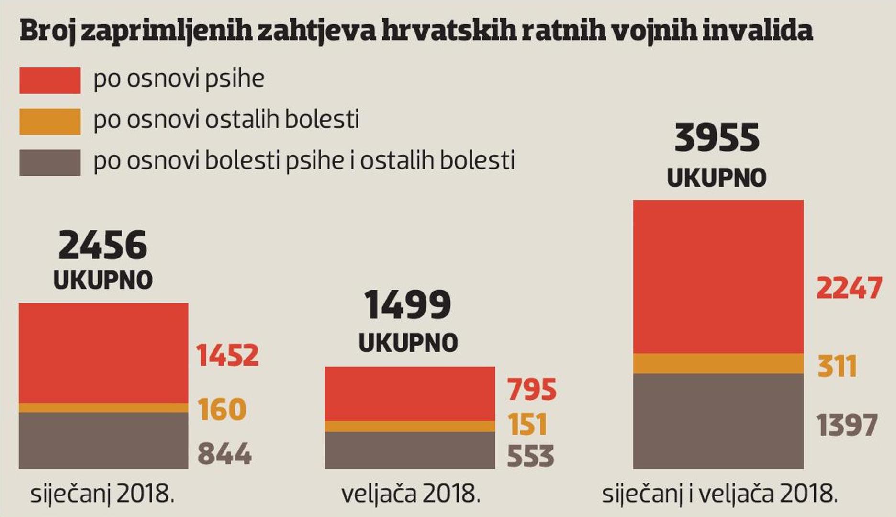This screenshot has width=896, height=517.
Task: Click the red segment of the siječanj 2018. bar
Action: (x=103, y=353)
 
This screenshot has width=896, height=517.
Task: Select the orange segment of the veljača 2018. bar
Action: (x=410, y=426)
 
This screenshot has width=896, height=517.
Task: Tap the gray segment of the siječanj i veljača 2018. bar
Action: (x=718, y=421)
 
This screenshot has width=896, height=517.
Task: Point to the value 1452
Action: (x=227, y=355)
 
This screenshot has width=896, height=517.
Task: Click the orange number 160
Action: (x=222, y=409)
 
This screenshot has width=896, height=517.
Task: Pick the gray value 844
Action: (x=224, y=453)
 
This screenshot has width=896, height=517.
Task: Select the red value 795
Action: (x=532, y=389)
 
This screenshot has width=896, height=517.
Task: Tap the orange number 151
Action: (x=527, y=424)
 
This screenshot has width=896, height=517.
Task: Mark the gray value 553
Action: (x=530, y=456)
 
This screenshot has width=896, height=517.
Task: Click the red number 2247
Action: (x=849, y=288)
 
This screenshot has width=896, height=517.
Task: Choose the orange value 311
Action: (x=837, y=366)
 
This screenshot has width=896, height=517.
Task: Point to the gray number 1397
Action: (x=847, y=425)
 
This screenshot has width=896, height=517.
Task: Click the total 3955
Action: (x=717, y=138)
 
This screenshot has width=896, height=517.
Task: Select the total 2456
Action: (x=103, y=245)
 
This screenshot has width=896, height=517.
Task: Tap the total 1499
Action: (x=408, y=305)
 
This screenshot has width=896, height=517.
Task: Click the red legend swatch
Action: (x=50, y=80)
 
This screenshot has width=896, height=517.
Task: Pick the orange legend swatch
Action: (x=50, y=121)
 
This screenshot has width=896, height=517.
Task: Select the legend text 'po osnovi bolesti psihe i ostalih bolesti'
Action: (x=304, y=160)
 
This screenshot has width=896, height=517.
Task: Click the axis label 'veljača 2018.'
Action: (x=411, y=494)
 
